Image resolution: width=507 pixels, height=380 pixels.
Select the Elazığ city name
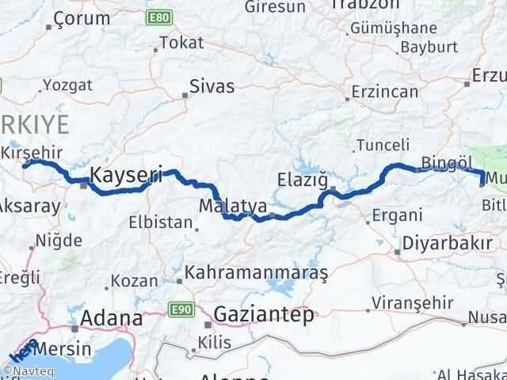[x=303, y=180]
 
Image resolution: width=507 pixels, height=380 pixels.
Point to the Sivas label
[x=213, y=86]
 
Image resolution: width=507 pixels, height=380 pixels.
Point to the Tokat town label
[x=175, y=44]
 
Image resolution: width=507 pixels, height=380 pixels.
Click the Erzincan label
[x=387, y=92]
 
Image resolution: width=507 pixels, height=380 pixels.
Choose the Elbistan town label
[x=164, y=222]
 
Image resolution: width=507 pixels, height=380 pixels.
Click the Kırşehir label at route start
[x=33, y=150]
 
